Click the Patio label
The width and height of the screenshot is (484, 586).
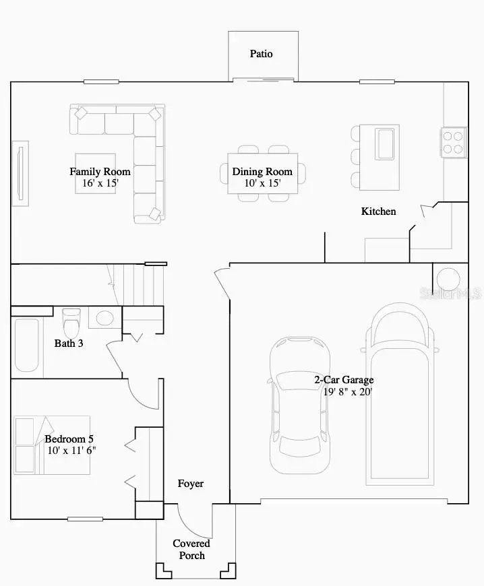coord(262,54)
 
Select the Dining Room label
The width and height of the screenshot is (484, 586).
coord(262,172)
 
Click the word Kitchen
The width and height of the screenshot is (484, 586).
coord(379,211)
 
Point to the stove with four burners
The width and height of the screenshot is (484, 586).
coord(454,142)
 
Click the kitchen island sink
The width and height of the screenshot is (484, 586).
coord(387,142)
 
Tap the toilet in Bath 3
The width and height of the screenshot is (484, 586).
coord(71,323)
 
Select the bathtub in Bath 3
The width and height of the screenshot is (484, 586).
coord(26,344)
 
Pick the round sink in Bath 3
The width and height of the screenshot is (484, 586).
coord(104,317)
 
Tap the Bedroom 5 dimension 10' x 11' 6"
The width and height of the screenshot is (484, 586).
coord(71,451)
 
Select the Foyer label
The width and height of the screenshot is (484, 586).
coord(190,484)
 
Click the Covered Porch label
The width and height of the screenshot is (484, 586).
coord(191,549)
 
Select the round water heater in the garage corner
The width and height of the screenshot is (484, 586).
coord(447,279)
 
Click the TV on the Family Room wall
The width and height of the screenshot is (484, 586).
coord(20,174)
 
